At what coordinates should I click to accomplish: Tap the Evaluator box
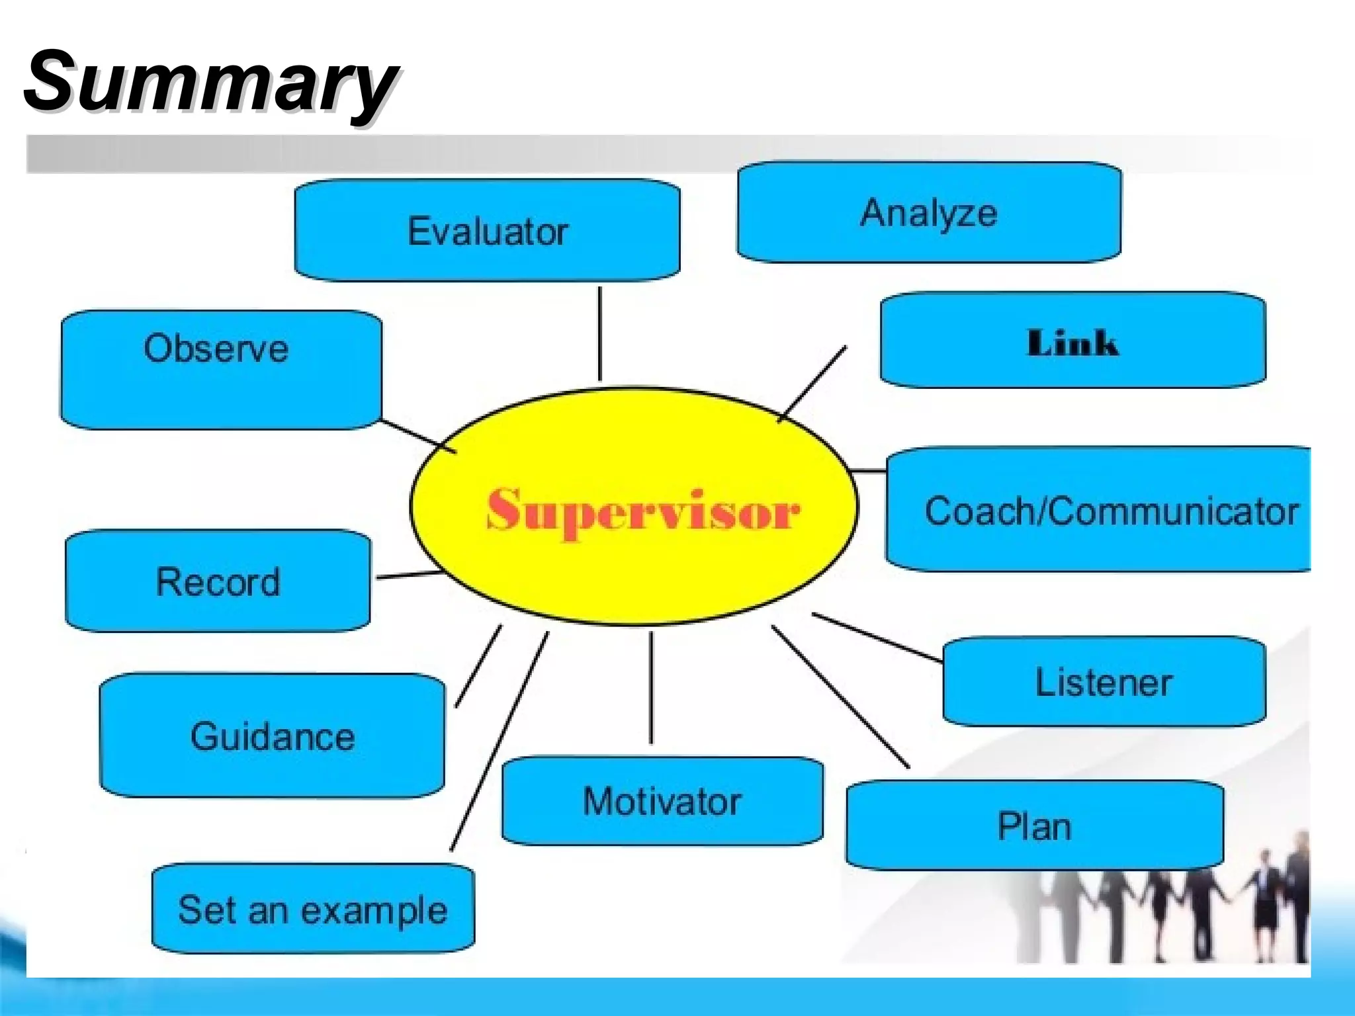487,230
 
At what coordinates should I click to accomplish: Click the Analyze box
928,212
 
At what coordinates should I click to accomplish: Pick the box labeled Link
1072,341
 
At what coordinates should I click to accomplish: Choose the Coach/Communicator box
1098,509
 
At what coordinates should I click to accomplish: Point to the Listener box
1104,682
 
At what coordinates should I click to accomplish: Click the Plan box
1034,825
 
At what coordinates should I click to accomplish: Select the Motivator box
662,801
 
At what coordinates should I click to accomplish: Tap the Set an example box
313,909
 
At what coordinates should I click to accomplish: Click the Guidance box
272,736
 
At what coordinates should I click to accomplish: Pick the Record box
218,581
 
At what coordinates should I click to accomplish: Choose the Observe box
220,369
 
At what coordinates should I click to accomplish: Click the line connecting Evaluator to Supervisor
600,334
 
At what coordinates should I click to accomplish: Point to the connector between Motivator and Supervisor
651,688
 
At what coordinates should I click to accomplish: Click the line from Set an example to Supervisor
500,741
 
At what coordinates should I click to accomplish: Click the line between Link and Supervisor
812,383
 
